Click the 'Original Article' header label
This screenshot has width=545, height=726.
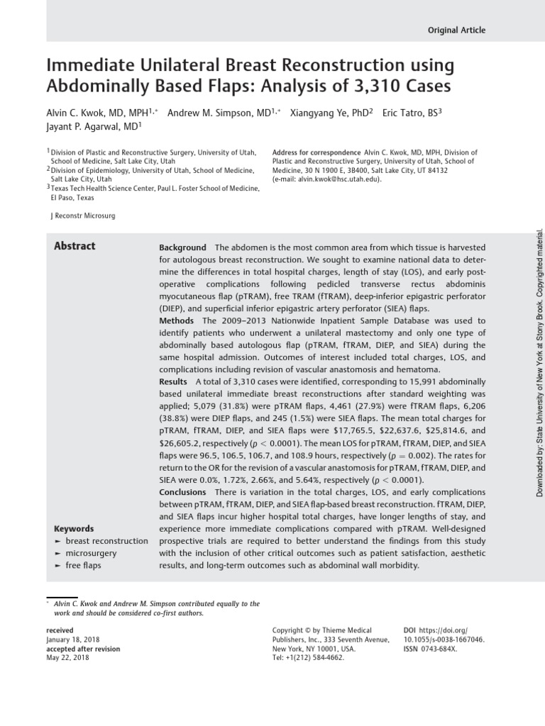click(x=457, y=30)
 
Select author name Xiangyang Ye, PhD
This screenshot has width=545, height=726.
click(x=331, y=113)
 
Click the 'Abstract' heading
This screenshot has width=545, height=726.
click(x=75, y=246)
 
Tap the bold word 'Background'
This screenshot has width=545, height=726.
click(x=182, y=247)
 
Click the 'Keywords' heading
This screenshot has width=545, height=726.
click(x=74, y=529)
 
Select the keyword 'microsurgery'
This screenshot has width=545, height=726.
click(x=91, y=553)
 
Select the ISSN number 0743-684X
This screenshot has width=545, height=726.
click(x=440, y=649)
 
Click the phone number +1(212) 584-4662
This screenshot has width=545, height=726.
click(x=307, y=658)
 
